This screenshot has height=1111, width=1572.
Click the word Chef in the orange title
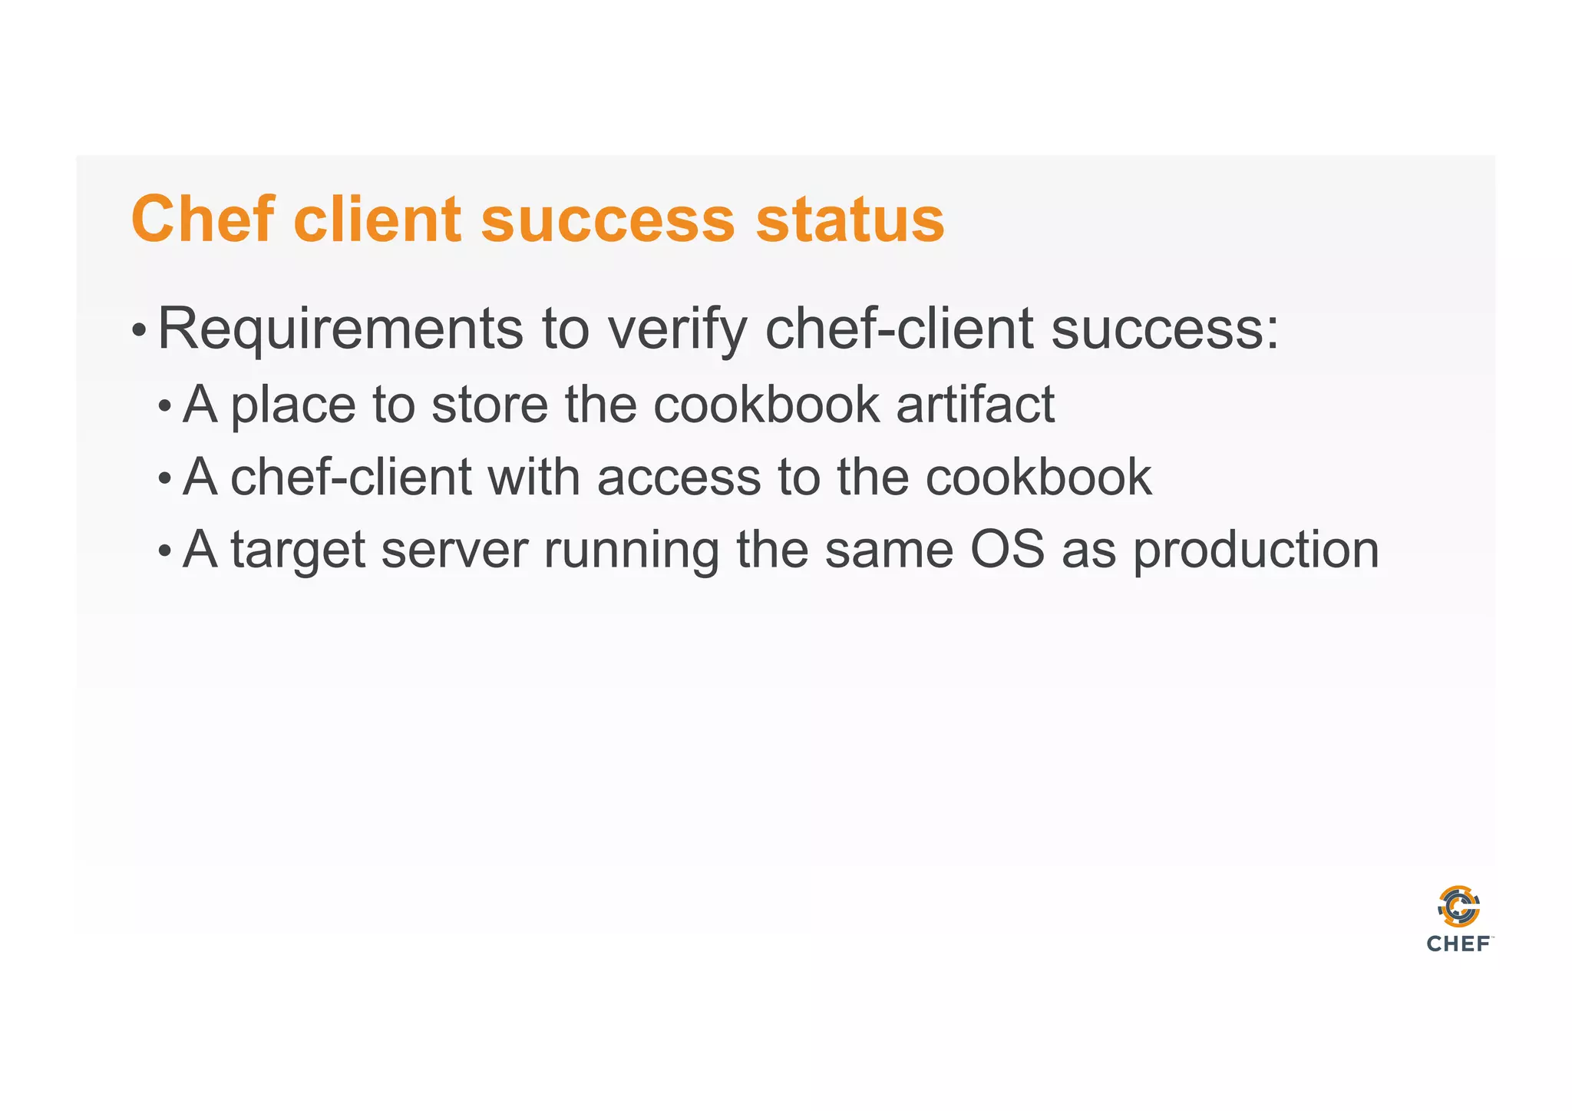point(202,220)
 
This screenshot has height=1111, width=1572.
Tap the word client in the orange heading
point(378,220)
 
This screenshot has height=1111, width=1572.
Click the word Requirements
point(340,329)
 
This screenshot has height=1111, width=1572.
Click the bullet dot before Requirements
point(138,331)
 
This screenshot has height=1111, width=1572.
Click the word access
point(678,478)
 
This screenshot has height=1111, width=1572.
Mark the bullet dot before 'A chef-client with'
point(164,480)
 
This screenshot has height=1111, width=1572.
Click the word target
point(298,551)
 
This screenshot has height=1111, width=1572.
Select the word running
point(631,551)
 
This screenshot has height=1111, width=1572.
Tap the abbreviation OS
point(1007,550)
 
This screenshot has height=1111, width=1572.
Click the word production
point(1256,551)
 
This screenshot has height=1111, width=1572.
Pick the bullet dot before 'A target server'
point(164,552)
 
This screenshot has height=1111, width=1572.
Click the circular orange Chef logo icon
point(1458,907)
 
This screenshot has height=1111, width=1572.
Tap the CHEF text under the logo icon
point(1458,944)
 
